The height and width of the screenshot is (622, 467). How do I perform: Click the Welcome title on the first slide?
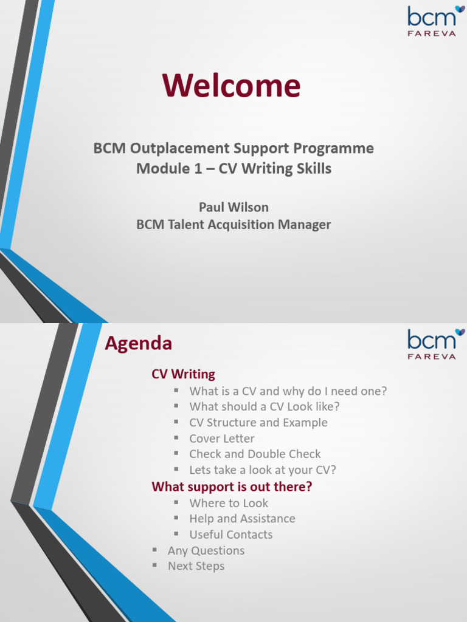231,86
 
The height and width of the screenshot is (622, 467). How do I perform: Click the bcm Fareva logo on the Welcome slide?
432,21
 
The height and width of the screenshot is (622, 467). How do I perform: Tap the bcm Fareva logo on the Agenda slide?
432,344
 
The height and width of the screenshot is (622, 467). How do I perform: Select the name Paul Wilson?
233,207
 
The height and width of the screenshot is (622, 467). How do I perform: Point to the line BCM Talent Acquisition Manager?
233,225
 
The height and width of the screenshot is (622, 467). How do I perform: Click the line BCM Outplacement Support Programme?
233,148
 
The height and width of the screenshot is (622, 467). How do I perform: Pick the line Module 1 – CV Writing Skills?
233,169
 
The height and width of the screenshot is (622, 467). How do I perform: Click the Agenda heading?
138,344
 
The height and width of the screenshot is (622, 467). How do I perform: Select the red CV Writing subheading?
183,374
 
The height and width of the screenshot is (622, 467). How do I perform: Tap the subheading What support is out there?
232,487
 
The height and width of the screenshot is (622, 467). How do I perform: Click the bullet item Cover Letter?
222,439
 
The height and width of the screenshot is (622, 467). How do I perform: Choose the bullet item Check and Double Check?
255,454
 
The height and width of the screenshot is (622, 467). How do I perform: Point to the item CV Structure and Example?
258,423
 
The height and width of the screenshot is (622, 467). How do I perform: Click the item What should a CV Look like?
265,407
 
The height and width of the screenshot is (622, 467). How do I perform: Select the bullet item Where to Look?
229,503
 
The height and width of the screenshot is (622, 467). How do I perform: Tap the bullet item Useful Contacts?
231,535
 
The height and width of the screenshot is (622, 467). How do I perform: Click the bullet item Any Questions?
206,550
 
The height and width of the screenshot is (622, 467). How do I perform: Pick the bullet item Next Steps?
196,566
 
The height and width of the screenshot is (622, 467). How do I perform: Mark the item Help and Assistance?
242,519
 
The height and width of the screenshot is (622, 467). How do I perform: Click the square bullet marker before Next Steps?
155,566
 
